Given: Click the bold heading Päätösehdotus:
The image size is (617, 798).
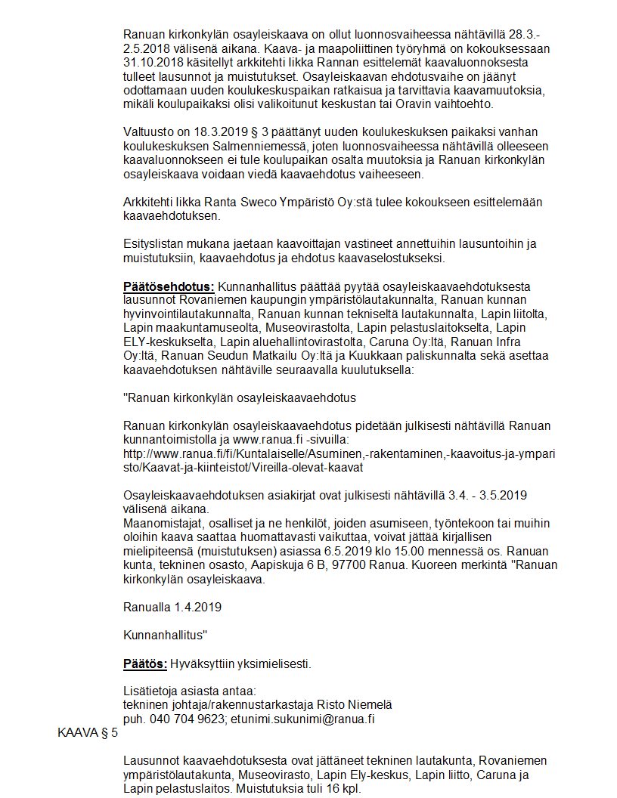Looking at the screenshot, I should (x=169, y=287).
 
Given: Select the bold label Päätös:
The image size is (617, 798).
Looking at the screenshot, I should (x=145, y=664).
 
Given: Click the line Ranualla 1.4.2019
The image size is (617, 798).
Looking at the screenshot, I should (x=172, y=606).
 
